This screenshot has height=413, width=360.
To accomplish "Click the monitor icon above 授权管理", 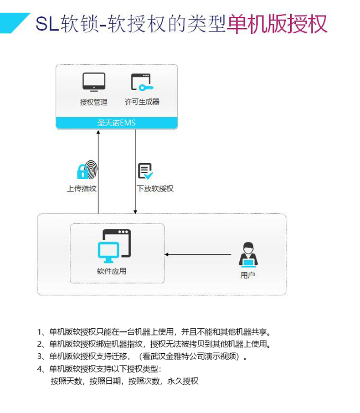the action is (94, 82).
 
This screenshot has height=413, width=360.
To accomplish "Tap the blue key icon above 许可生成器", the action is (146, 88).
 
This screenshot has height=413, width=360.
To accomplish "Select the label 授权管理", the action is (93, 102).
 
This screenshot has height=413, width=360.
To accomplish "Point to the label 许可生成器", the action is (142, 102).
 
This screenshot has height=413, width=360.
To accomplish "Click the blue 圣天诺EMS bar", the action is (117, 123).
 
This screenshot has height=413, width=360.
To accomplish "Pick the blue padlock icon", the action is (82, 171).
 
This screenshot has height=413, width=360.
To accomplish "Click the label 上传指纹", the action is (82, 189).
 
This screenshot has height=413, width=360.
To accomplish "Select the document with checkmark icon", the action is (145, 171).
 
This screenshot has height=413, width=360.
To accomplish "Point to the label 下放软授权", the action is (155, 189).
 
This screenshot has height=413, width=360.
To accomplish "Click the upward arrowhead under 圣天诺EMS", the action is (98, 132).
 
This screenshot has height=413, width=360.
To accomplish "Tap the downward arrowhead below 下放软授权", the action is (135, 212).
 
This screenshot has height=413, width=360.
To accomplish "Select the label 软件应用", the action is (111, 271).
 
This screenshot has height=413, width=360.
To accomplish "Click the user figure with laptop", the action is (248, 254).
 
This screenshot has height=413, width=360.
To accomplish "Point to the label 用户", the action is (247, 275).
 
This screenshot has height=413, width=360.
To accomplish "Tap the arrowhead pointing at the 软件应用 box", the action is (166, 254).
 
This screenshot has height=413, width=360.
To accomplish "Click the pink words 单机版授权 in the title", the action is (277, 24).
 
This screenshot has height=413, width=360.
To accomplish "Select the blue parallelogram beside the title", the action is (15, 23).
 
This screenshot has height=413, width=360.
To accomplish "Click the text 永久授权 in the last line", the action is (183, 381).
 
